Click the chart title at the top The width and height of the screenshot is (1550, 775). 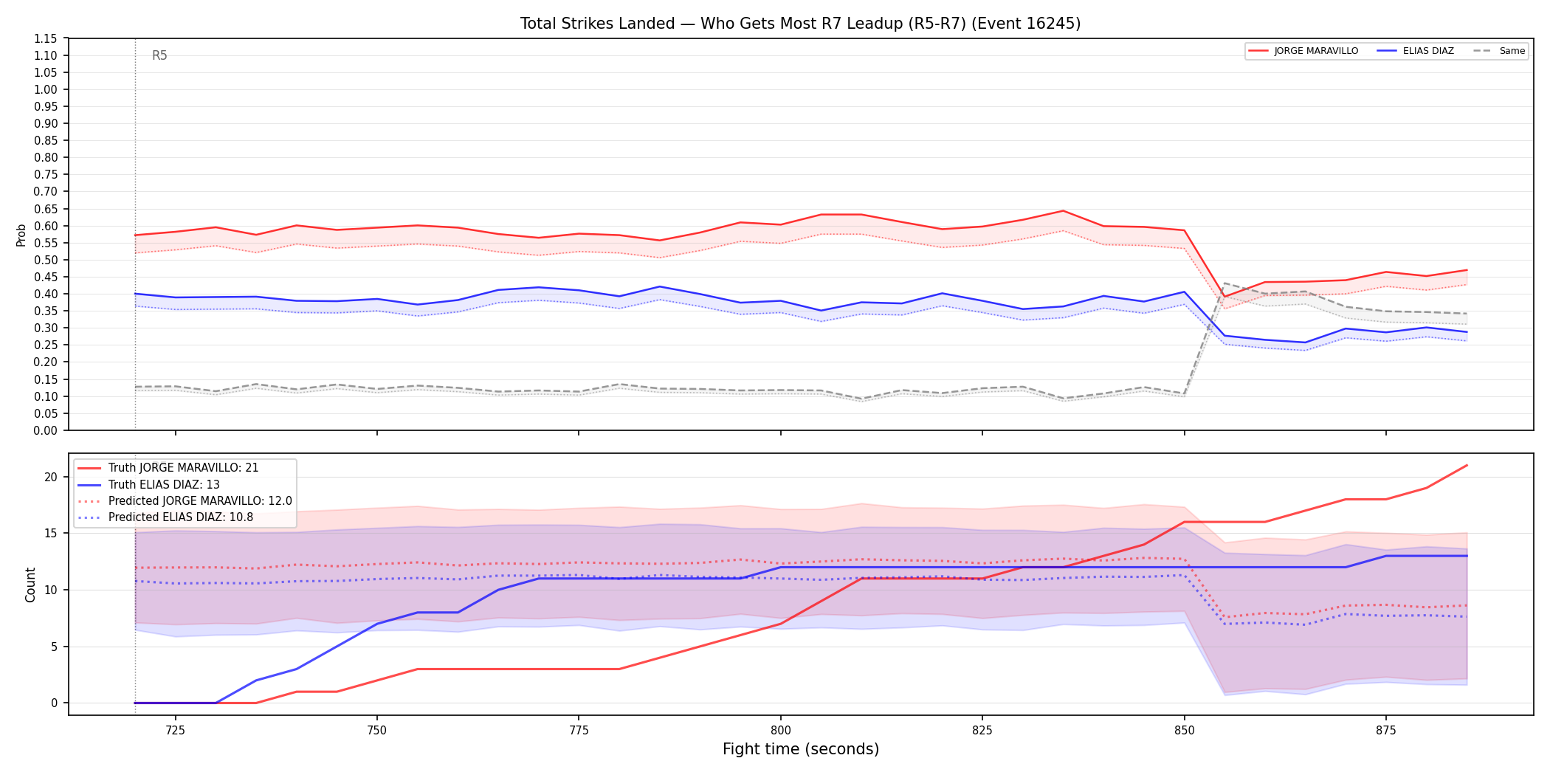800,24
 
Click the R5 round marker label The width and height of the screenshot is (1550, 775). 159,55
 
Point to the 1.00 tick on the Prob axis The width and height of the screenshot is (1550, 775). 46,89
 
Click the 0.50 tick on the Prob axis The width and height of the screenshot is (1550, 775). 46,260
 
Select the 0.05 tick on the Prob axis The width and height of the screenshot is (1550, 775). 46,413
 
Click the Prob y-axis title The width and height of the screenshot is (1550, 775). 21,235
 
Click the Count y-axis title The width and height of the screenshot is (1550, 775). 30,585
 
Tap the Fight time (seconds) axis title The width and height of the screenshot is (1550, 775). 801,749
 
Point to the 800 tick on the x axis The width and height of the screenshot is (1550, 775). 780,731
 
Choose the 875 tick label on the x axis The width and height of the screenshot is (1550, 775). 1385,731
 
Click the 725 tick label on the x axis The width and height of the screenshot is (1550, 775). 175,731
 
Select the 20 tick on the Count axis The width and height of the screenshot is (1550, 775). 51,477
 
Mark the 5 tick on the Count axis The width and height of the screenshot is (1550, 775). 54,647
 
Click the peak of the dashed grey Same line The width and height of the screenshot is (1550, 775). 1224,283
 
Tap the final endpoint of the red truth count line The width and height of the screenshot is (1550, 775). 1467,465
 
